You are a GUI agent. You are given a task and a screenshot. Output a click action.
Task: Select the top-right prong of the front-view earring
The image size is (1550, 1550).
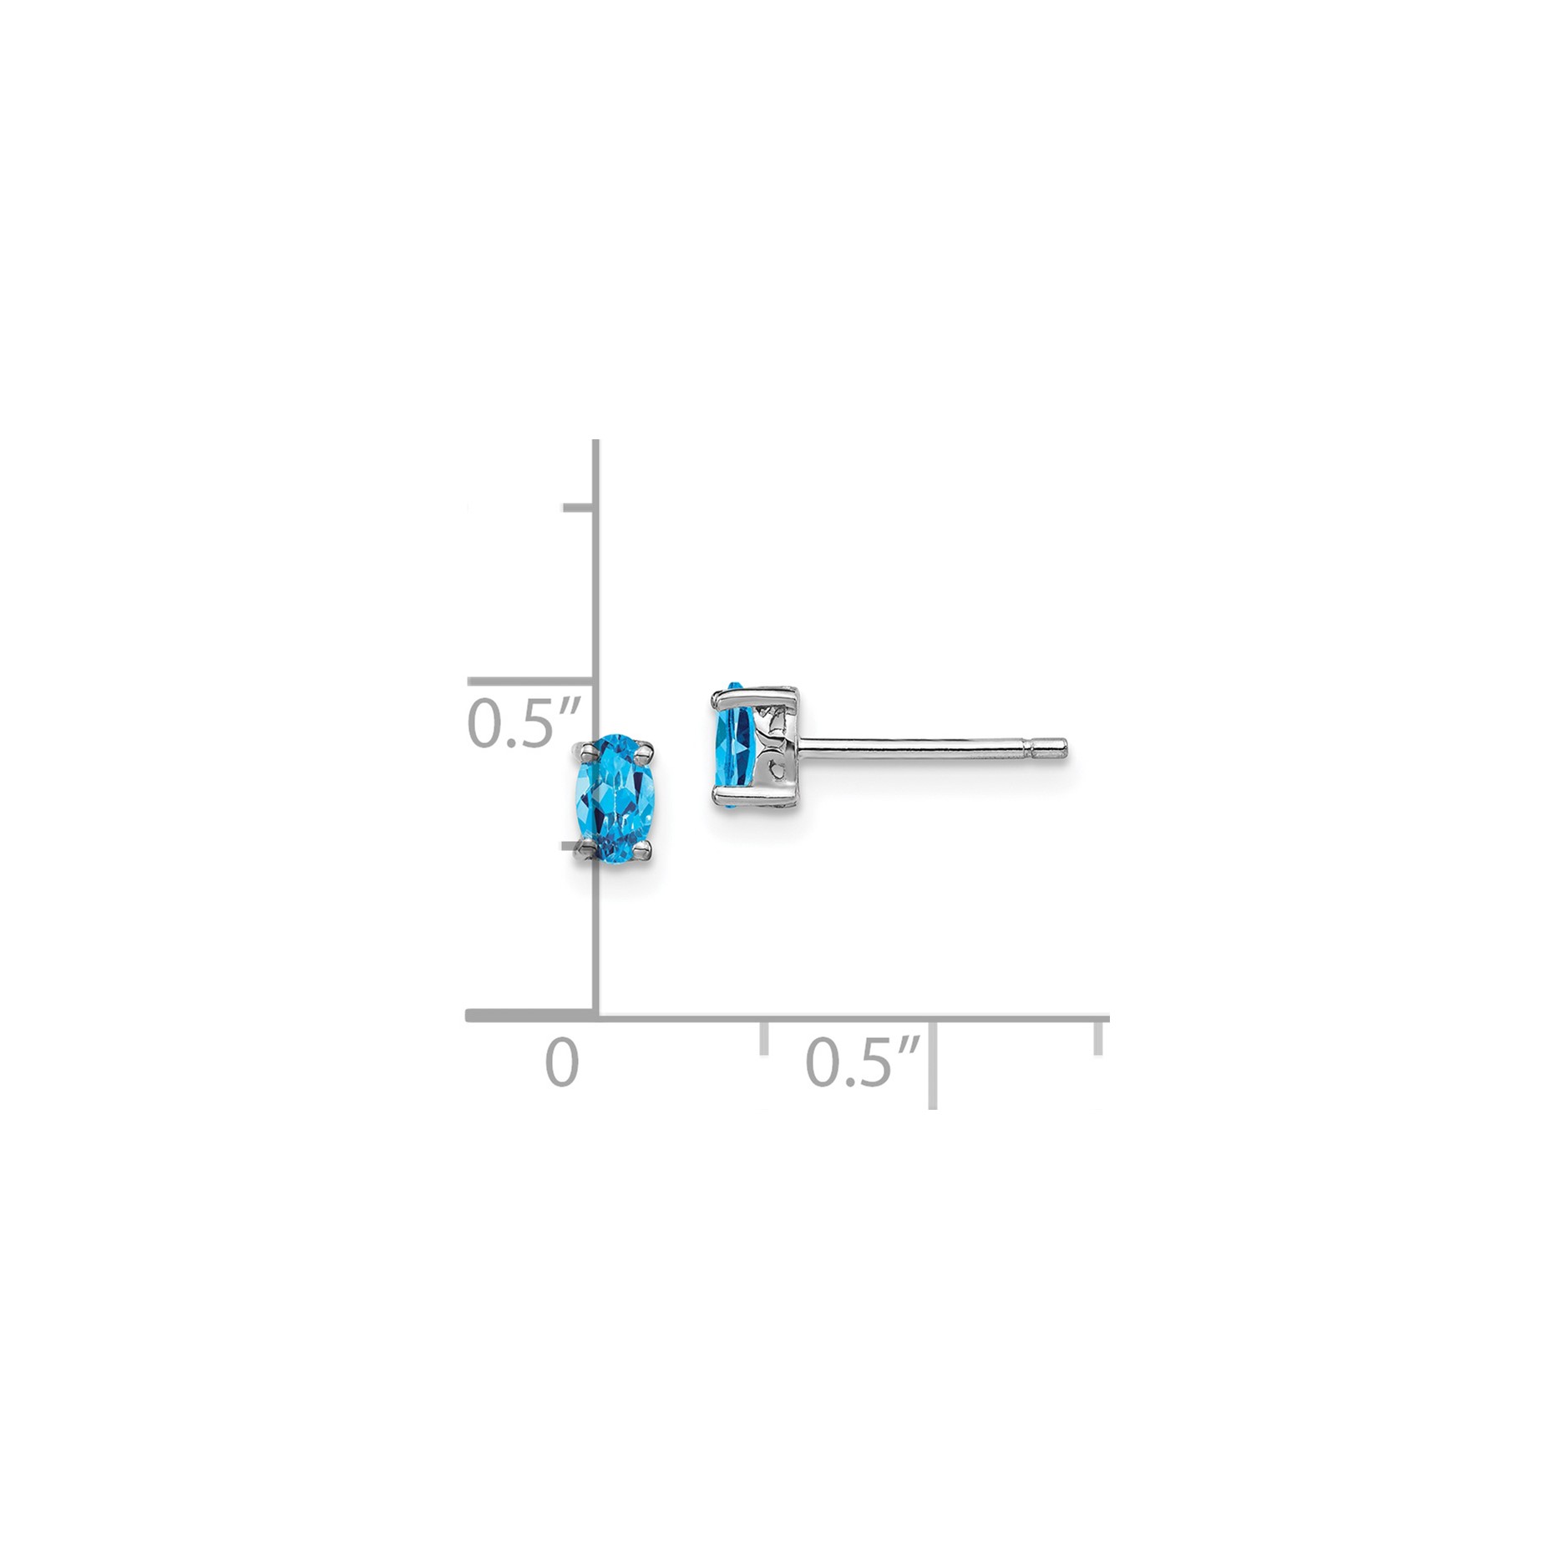(644, 755)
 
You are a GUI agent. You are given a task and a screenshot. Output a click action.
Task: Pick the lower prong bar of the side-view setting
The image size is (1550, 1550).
(753, 791)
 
